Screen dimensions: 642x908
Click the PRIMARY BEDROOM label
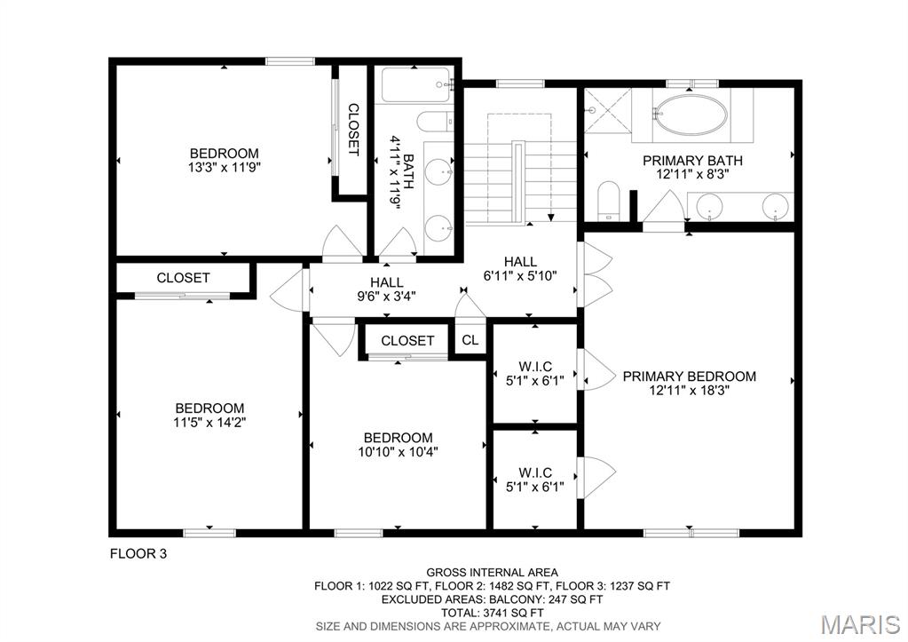point(689,376)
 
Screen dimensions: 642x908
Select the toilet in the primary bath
point(609,199)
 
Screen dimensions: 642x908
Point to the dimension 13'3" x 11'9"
point(224,167)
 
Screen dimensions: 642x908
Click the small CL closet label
point(470,340)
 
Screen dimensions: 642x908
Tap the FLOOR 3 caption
point(138,554)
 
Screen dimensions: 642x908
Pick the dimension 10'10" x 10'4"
point(398,451)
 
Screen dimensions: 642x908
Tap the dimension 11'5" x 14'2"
point(209,423)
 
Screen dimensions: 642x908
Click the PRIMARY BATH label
point(692,161)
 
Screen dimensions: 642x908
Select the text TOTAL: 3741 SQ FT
point(492,613)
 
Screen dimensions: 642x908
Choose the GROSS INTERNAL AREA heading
point(492,573)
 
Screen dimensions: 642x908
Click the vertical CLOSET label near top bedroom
point(352,130)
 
